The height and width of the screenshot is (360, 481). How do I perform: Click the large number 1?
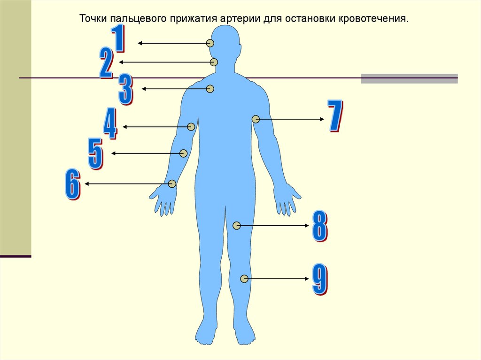[118, 39]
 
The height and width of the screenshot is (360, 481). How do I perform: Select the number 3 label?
[125, 89]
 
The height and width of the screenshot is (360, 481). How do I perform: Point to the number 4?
[110, 124]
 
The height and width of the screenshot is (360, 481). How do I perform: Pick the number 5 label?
[95, 153]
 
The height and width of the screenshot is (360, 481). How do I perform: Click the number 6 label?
[72, 185]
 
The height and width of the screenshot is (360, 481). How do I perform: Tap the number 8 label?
[320, 227]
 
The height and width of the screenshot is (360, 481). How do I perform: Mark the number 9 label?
[320, 280]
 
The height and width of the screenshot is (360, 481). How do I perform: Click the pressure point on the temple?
[209, 43]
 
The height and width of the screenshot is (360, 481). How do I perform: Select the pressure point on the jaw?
[214, 62]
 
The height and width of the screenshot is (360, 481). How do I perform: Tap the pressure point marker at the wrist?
[172, 184]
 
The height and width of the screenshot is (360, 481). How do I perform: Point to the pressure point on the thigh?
[237, 226]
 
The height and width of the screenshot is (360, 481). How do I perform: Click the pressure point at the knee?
[244, 279]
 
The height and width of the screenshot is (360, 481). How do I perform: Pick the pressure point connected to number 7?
[256, 119]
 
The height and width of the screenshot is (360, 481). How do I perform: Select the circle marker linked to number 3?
[210, 89]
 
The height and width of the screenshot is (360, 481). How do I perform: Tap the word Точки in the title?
[93, 20]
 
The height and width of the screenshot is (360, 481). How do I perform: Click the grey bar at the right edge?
[409, 78]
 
